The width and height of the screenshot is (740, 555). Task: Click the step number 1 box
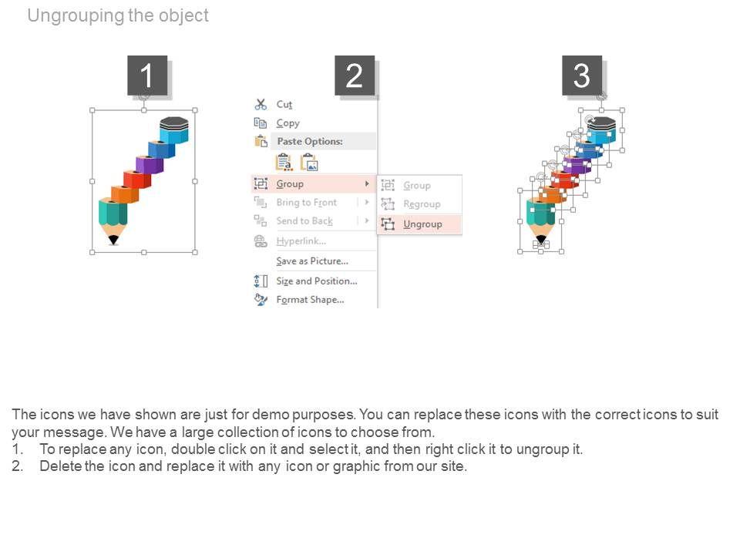[147, 75]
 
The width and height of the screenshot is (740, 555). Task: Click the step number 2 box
[355, 75]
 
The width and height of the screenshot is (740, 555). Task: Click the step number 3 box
[581, 75]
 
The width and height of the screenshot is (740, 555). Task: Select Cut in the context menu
[284, 104]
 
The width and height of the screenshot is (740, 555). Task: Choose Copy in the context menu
[288, 123]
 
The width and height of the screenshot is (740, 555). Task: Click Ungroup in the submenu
[422, 224]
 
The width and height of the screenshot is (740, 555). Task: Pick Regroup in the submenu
[422, 204]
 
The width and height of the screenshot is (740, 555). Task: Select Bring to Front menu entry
[306, 203]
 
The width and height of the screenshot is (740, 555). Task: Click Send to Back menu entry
[304, 221]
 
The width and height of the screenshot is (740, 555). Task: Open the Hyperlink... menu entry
[301, 241]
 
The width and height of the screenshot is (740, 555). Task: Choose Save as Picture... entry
[312, 261]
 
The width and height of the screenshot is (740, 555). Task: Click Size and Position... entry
[317, 281]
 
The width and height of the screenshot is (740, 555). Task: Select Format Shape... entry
[310, 300]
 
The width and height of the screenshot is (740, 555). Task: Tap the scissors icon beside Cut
[261, 104]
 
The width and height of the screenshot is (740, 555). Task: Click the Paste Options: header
[310, 141]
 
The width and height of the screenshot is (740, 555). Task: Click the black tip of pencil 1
[113, 240]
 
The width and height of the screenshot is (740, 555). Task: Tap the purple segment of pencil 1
[149, 163]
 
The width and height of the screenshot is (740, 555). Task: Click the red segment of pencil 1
[137, 179]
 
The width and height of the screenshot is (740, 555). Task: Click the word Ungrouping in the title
[76, 15]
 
